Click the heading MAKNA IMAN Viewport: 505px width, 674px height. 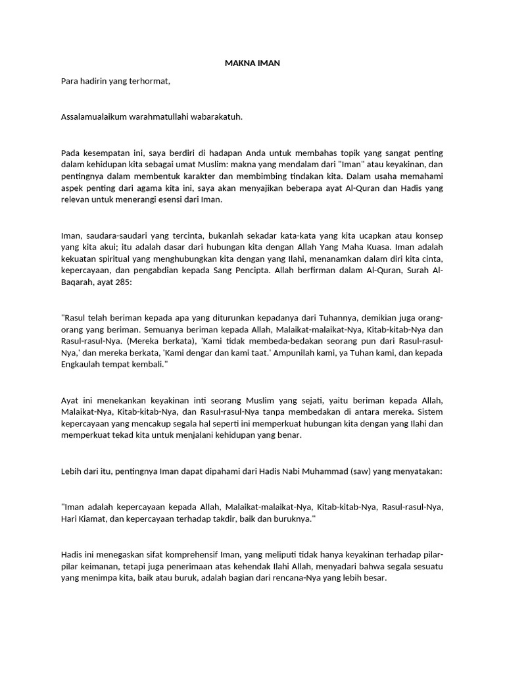[x=252, y=64]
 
